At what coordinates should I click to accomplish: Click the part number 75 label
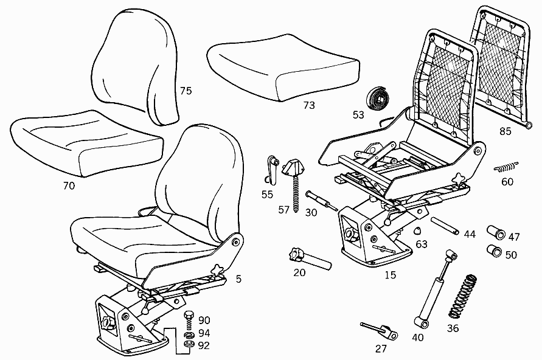(186, 91)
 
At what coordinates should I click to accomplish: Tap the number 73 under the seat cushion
(309, 105)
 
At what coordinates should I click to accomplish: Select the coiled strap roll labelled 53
(378, 98)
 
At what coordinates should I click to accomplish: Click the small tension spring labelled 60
(506, 167)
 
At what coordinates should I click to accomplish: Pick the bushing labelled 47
(496, 232)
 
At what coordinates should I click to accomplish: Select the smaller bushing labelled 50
(495, 251)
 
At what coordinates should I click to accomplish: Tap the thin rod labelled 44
(445, 226)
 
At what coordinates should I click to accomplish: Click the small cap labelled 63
(418, 230)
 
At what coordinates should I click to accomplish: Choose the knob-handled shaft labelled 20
(310, 259)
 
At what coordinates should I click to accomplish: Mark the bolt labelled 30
(321, 201)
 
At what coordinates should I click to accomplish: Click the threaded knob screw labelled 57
(294, 183)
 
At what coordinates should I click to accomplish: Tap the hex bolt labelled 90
(189, 320)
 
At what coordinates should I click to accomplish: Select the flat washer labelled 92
(189, 344)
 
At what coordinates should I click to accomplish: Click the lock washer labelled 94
(189, 335)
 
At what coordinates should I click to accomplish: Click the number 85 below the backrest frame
(506, 131)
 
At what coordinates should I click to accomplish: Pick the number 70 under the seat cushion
(69, 186)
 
